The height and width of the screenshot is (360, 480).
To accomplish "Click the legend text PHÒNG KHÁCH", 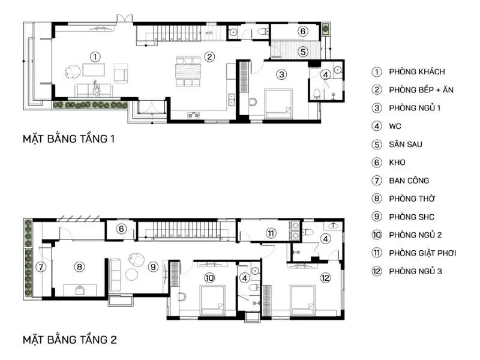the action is pyautogui.click(x=416, y=71).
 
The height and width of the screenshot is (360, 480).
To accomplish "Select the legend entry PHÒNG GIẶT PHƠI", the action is pyautogui.click(x=422, y=253).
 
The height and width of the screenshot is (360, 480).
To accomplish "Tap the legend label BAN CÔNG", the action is pyautogui.click(x=409, y=181).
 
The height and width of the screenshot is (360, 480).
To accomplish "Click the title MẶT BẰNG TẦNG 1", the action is pyautogui.click(x=68, y=139).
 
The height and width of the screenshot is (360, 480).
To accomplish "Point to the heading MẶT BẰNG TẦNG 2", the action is pyautogui.click(x=70, y=340).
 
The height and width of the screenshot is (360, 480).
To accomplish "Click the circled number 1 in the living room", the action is pyautogui.click(x=95, y=56).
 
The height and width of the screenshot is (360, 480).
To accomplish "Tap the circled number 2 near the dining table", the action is pyautogui.click(x=209, y=56).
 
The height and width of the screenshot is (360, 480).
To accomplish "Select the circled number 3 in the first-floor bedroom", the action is pyautogui.click(x=281, y=74).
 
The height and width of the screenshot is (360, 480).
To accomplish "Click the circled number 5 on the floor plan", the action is pyautogui.click(x=303, y=52).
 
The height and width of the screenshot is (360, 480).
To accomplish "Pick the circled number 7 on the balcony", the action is pyautogui.click(x=41, y=267).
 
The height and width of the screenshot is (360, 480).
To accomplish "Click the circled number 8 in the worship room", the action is pyautogui.click(x=79, y=267).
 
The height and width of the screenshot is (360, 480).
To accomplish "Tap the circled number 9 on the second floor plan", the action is pyautogui.click(x=153, y=267).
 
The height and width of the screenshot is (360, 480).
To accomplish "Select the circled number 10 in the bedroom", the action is pyautogui.click(x=209, y=278).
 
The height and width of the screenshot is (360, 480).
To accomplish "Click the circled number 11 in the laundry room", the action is pyautogui.click(x=271, y=233).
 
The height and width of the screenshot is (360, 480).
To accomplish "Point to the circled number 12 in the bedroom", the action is pyautogui.click(x=325, y=278).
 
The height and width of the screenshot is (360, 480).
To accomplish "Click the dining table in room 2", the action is pyautogui.click(x=188, y=71).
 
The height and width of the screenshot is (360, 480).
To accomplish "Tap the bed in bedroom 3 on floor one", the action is pyautogui.click(x=278, y=103).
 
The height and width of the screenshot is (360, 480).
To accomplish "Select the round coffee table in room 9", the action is pyautogui.click(x=132, y=274).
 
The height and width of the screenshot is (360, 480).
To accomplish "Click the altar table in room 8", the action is pyautogui.click(x=80, y=290).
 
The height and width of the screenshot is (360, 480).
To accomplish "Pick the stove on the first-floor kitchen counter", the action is pyautogui.click(x=193, y=115).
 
